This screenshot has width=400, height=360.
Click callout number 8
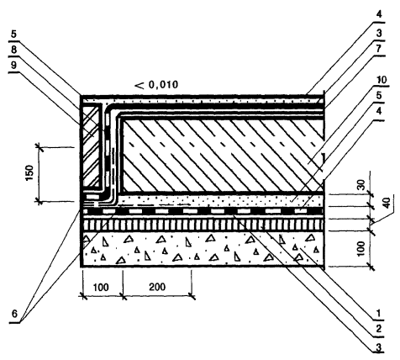click(x=13, y=50)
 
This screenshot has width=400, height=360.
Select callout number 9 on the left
click(x=13, y=66)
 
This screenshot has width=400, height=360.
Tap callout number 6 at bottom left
click(x=14, y=314)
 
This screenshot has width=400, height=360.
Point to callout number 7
click(x=379, y=49)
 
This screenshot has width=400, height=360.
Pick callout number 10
click(x=381, y=80)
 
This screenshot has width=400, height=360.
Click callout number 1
click(x=379, y=313)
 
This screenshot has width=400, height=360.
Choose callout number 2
click(x=379, y=329)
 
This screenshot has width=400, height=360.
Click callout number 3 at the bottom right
click(x=379, y=348)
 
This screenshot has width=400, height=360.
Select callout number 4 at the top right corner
click(x=379, y=14)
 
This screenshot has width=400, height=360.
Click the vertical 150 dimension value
click(x=30, y=173)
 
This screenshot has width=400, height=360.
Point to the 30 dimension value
click(x=361, y=185)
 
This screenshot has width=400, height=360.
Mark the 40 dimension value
click(x=387, y=203)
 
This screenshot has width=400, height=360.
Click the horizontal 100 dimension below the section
click(x=101, y=287)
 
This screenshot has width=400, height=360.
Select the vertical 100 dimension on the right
click(x=361, y=249)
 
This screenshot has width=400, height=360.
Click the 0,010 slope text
click(x=163, y=84)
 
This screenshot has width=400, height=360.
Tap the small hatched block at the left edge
click(x=91, y=146)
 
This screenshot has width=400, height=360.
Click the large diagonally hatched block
click(x=224, y=156)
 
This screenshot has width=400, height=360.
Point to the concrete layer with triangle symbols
click(x=203, y=249)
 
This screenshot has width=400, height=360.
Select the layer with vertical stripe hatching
click(x=203, y=225)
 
